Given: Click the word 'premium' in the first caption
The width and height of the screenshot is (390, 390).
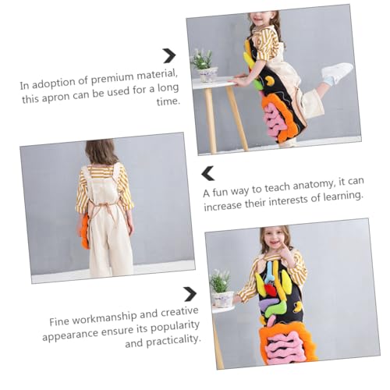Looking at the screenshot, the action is pos(112,79).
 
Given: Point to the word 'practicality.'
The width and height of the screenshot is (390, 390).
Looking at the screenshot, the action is pos(173,340).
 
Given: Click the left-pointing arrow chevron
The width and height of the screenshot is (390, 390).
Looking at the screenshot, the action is pos(208,173).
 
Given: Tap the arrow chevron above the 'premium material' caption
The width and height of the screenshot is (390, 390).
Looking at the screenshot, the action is pos(169,55).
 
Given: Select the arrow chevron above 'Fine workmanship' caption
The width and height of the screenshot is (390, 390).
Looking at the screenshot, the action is pos(190,294).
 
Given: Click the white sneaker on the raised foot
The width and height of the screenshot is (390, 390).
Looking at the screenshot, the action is pos(337,73).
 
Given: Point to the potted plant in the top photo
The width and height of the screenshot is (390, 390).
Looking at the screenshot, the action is pos(204,66).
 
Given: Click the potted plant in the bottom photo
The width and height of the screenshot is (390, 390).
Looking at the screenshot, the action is pos(221,289).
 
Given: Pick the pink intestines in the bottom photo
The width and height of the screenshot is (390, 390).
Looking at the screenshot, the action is pos(285,347).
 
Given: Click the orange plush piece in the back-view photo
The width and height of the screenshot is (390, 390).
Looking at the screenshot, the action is pos(85,231).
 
